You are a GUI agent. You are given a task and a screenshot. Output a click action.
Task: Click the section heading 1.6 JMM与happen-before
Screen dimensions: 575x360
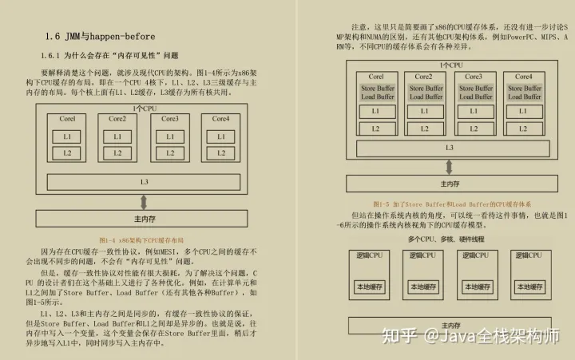click(x=100, y=37)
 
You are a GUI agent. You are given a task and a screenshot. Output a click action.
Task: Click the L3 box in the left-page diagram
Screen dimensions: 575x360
click(x=144, y=182)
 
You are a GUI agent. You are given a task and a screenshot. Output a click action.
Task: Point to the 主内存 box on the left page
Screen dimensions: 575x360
click(x=144, y=219)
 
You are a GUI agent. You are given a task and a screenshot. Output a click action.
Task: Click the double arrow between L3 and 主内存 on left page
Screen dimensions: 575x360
click(x=144, y=200)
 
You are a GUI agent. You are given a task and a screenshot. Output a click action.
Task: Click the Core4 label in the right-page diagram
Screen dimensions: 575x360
click(x=523, y=77)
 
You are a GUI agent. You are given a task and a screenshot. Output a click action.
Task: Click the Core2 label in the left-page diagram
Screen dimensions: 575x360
click(x=117, y=119)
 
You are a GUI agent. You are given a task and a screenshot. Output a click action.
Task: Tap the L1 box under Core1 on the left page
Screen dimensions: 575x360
click(x=68, y=136)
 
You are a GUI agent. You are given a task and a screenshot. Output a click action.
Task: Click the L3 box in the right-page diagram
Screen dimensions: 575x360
click(x=450, y=148)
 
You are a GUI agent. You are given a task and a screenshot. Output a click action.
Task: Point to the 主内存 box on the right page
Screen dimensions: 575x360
click(x=450, y=184)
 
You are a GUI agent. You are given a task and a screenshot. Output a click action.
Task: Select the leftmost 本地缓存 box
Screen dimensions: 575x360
click(x=371, y=287)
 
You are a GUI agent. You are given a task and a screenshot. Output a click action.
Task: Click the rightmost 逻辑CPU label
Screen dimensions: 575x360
click(x=529, y=255)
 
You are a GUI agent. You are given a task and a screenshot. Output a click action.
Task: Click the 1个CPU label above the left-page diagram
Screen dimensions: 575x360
click(x=144, y=108)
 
